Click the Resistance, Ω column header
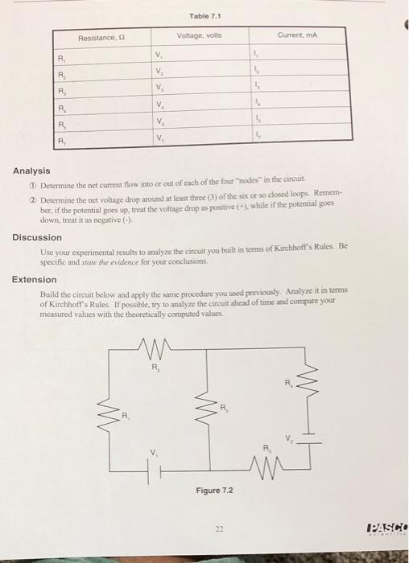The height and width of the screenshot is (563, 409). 101,37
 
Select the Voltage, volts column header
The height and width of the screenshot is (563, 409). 200,35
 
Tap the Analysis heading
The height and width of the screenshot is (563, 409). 31,171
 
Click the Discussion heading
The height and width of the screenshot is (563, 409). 36,237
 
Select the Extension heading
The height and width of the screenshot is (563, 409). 34,280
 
